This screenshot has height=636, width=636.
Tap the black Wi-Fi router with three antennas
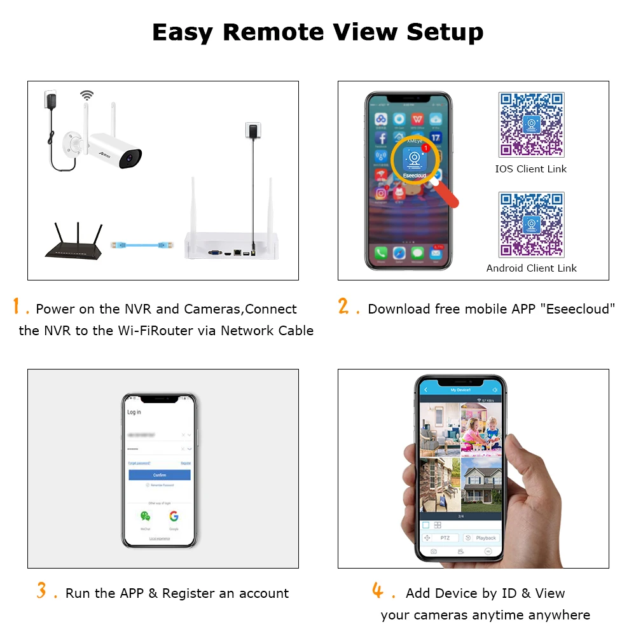click(x=74, y=245)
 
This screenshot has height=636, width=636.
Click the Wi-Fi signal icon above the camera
click(x=86, y=95)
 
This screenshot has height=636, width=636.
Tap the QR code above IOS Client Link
click(x=531, y=125)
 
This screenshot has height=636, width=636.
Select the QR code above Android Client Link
click(x=531, y=225)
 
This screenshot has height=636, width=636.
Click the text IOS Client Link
click(x=531, y=169)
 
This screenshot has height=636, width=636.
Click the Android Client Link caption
click(x=531, y=268)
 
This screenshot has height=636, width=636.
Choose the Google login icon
click(x=174, y=516)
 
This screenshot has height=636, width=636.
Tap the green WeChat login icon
click(x=146, y=516)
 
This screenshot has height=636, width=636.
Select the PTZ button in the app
click(x=444, y=538)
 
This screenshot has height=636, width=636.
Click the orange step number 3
click(x=42, y=591)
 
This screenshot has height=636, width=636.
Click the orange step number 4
click(x=378, y=591)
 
